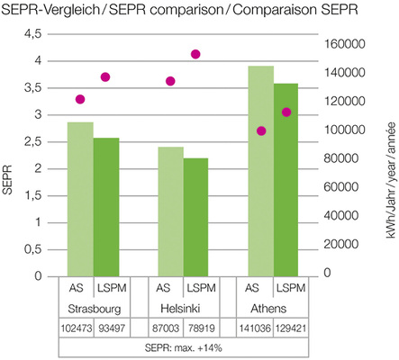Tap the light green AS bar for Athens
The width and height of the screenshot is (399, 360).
261,171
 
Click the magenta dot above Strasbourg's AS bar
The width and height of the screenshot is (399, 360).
80,99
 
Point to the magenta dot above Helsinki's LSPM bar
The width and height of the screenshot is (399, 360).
195,54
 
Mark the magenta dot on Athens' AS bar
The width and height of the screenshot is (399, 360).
261,130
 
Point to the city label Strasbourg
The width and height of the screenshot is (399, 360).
93,309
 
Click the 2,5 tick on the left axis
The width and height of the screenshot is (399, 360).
33,141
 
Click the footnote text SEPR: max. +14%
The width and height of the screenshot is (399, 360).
182,347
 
